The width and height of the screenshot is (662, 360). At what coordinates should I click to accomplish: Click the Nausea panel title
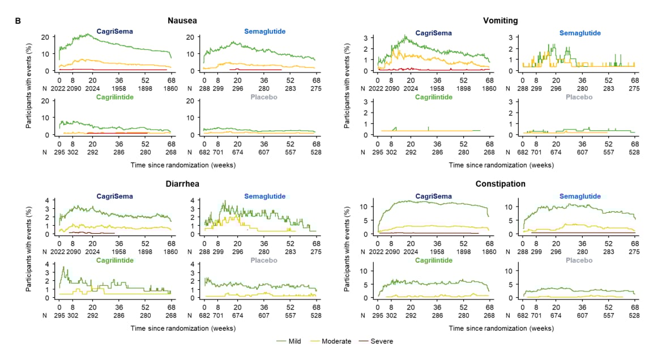182,21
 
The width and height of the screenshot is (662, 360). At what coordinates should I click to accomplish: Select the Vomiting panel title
500,21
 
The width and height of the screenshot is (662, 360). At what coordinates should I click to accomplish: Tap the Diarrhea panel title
182,184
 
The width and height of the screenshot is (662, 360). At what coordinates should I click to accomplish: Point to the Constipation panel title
500,184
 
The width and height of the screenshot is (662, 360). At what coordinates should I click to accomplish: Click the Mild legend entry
289,341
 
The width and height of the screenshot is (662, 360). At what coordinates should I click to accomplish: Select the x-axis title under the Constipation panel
501,328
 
